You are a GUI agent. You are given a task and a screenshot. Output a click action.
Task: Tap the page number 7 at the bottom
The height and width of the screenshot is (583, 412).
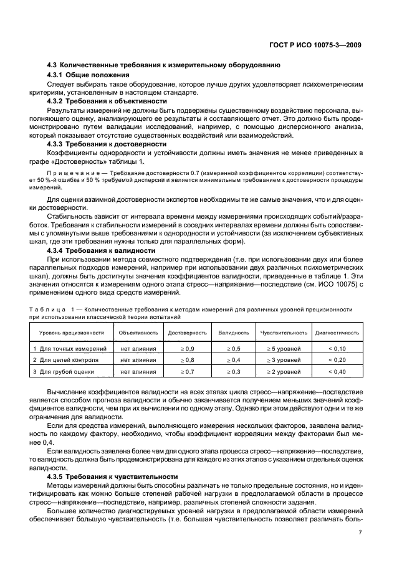click(360, 533)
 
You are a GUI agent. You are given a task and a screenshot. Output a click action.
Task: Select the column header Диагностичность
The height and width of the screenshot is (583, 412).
click(337, 333)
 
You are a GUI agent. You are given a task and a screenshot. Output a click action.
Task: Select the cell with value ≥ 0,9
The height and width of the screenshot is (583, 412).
click(187, 349)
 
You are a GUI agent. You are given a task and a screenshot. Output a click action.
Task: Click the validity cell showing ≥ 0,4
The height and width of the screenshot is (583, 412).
click(234, 361)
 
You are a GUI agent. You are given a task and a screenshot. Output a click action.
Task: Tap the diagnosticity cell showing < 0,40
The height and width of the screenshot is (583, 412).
click(337, 372)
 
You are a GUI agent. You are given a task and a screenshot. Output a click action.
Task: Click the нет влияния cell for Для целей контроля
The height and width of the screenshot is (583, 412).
click(138, 361)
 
